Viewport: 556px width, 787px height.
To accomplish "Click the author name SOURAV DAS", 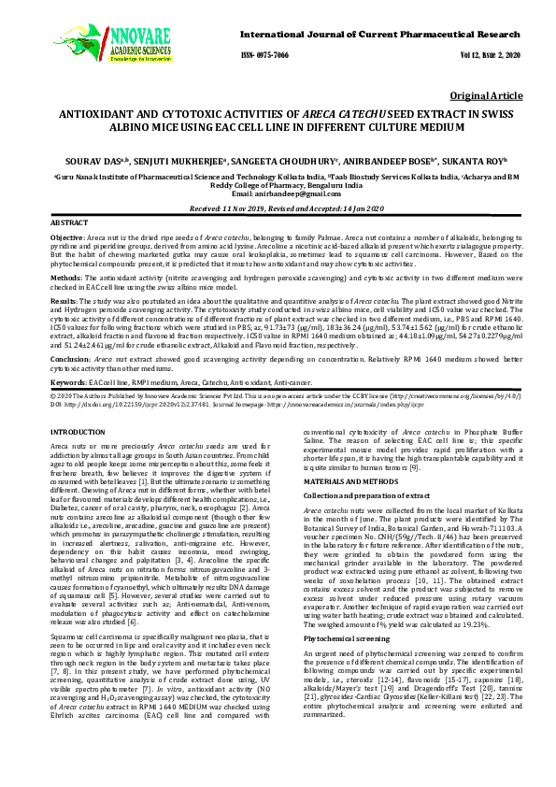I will coord(111,161).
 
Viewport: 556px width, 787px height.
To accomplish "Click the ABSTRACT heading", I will coord(68,225).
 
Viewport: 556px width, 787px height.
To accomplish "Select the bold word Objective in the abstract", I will coord(67,239).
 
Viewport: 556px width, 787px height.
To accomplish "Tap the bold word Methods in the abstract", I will coord(65,278).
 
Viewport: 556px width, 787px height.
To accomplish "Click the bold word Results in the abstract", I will coord(64,302).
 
